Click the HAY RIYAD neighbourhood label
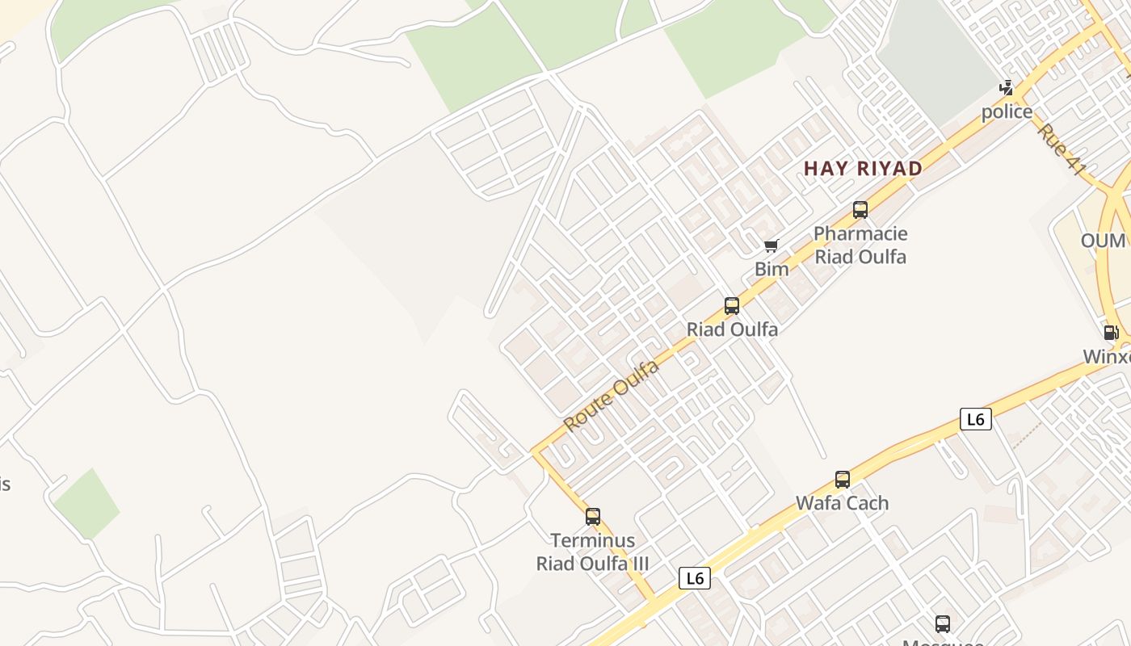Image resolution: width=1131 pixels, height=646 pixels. pos(863,168)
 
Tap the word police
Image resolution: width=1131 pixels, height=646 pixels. pos(1007,111)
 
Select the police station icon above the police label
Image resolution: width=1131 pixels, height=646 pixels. pos(1007,87)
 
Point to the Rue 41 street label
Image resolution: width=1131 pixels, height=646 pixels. pos(1061,149)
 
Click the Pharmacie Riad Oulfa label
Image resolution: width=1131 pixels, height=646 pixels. pos(860,245)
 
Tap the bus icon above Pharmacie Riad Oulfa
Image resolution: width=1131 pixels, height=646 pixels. pos(860,210)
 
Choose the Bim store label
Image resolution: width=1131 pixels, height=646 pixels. pos(772,269)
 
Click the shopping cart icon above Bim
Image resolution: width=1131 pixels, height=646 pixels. pos(771,245)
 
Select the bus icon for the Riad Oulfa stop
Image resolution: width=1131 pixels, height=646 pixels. pos(732,306)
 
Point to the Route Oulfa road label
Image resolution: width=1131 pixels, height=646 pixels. pos(611,396)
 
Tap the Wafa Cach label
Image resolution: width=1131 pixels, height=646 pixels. pos(842,503)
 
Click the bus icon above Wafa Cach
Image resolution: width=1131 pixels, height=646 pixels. pos(843,480)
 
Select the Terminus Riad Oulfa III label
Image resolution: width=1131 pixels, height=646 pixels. pos(592,552)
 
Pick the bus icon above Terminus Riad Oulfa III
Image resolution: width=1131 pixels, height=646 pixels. pos(593,517)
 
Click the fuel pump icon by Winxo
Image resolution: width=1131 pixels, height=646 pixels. pos(1111,332)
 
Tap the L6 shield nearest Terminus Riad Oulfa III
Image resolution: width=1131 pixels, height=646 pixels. pos(694,578)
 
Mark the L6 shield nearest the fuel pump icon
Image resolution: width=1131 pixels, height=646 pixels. pos(975,419)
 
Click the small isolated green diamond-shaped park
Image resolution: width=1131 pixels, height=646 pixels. pos(86,504)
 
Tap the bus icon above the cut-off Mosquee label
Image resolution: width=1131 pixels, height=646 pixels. pos(943,623)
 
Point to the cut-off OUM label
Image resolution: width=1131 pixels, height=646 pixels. pos(1104,241)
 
